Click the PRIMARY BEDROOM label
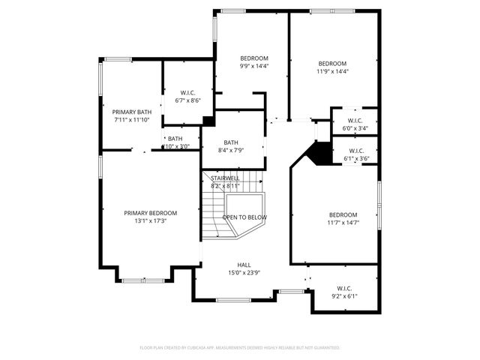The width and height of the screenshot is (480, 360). [x=150, y=213]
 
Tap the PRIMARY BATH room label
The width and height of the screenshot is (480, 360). [x=132, y=112]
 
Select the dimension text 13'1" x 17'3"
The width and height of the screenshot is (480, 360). [x=150, y=221]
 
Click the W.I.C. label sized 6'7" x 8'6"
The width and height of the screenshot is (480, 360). [x=187, y=93]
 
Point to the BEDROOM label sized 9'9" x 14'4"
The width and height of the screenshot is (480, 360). [x=253, y=58]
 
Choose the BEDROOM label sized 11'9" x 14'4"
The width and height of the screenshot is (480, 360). [x=332, y=64]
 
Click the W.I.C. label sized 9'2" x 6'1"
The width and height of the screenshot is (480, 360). [x=344, y=288]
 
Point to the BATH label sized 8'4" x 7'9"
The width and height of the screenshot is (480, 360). [x=230, y=142]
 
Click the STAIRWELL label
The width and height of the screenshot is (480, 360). [x=225, y=178]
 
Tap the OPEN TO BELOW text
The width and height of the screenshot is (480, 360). [x=244, y=217]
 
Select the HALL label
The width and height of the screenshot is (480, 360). [x=244, y=265]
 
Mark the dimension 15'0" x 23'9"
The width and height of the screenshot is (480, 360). [x=244, y=273]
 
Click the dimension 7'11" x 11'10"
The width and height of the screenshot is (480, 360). [x=132, y=120]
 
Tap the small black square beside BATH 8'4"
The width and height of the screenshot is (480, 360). [x=208, y=121]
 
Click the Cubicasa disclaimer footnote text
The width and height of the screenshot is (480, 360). [x=240, y=348]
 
